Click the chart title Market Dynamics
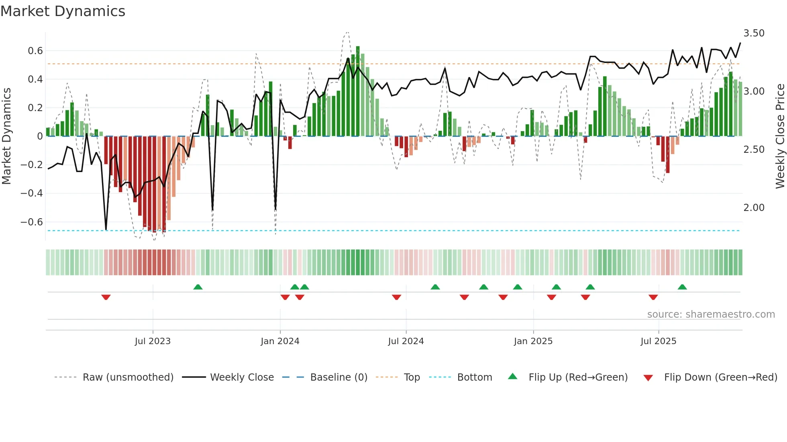63,11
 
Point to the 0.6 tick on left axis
35,51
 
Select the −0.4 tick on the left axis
32,193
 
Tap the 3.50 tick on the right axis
754,33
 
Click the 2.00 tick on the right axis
754,208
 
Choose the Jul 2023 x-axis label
153,341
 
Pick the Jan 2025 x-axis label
533,341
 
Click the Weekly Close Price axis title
780,136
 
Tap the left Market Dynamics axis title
6,136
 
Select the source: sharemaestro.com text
711,314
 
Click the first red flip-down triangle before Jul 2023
106,297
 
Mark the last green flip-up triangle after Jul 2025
682,287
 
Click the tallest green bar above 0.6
358,90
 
